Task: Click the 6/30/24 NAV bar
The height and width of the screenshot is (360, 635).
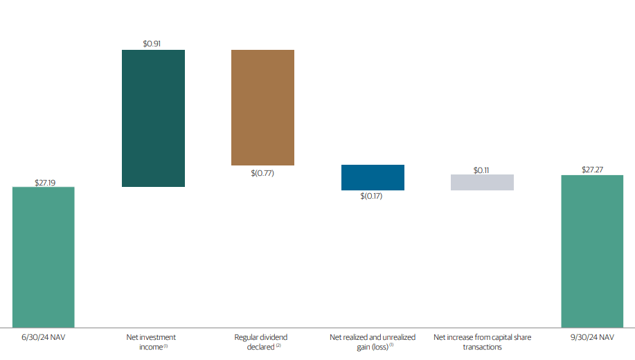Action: (x=43, y=257)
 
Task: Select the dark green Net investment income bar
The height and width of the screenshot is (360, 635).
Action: (x=153, y=118)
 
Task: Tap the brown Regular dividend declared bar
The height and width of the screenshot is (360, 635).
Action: (x=262, y=107)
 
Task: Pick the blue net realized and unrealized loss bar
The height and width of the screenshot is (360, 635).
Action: (x=373, y=177)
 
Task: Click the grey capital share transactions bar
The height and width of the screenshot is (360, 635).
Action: (x=482, y=182)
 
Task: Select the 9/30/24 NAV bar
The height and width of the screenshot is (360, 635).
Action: (x=592, y=251)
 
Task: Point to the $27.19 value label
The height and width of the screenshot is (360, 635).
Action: (x=44, y=183)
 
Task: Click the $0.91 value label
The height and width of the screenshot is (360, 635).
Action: (x=153, y=44)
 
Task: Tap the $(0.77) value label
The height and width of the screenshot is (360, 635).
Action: (x=262, y=173)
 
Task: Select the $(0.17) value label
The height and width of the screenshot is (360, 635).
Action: (x=372, y=197)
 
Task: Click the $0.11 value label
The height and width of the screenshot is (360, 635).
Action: (x=482, y=169)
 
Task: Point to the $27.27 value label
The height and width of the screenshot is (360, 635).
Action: (x=592, y=170)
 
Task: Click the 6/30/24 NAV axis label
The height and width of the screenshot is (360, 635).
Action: (x=43, y=338)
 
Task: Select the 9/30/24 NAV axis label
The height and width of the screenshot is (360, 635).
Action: (x=592, y=338)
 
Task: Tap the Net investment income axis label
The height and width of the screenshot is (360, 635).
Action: (x=151, y=342)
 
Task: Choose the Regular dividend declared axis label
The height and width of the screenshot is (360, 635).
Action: (x=261, y=342)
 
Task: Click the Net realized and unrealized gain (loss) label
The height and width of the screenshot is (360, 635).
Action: (x=372, y=342)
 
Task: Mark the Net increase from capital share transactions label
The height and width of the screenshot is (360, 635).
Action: (x=482, y=342)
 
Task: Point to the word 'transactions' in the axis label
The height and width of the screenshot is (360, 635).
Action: (x=482, y=347)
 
